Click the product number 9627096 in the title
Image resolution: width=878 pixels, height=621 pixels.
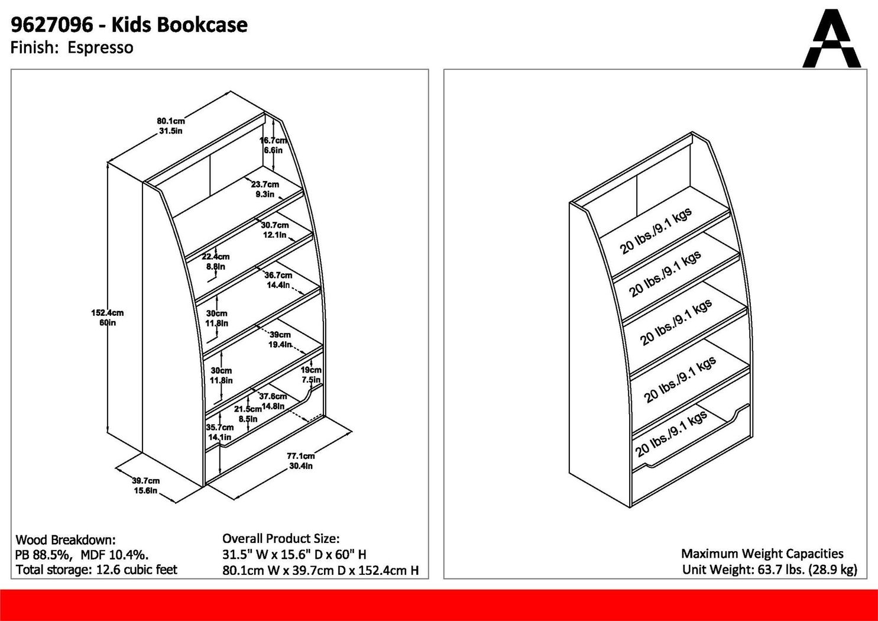52,25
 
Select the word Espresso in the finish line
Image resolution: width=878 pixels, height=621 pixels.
100,48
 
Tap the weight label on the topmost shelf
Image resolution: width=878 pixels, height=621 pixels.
656,231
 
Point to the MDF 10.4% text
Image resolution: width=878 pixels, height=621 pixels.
114,555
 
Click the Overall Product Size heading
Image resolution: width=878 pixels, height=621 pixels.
281,539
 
